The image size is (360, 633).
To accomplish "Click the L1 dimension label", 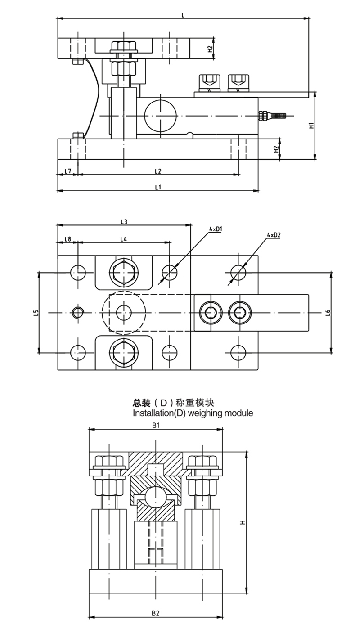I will pyautogui.click(x=158, y=187).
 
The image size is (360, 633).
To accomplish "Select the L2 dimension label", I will pyautogui.click(x=158, y=171).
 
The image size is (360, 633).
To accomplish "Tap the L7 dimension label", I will pyautogui.click(x=67, y=171).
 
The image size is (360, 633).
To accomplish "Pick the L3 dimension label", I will pyautogui.click(x=125, y=222).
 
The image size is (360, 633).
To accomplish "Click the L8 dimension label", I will pyautogui.click(x=67, y=239).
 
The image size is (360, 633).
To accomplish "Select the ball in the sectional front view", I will pyautogui.click(x=156, y=498).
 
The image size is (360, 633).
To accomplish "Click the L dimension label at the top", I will pyautogui.click(x=183, y=15).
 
